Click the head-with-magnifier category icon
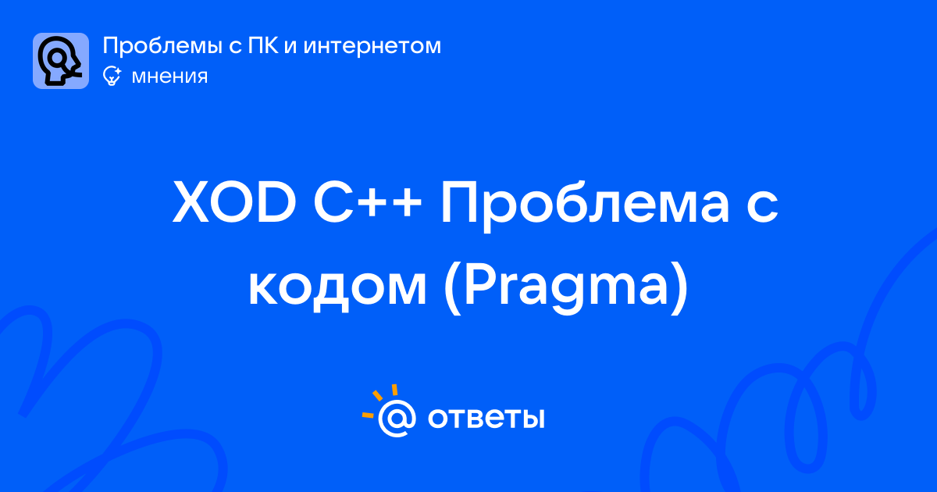(61, 61)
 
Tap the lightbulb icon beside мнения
(112, 76)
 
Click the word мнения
(169, 77)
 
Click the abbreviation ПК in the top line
(262, 45)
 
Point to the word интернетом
(372, 46)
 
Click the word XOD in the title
(234, 202)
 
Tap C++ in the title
(367, 202)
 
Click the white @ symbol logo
(397, 418)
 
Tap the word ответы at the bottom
(486, 418)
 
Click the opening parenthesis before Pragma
(451, 289)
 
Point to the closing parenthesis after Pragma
(680, 289)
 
